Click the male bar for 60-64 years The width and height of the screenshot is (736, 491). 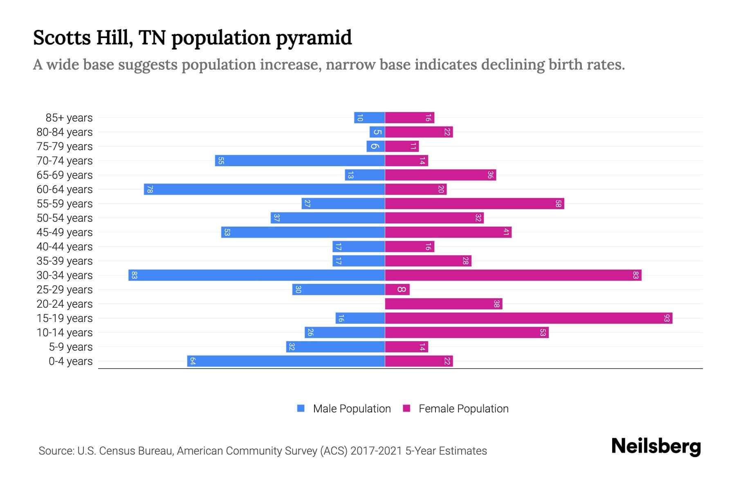point(264,189)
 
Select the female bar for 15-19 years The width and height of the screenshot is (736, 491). point(528,318)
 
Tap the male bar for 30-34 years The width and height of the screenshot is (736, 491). point(256,275)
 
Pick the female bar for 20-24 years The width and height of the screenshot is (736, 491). point(443,304)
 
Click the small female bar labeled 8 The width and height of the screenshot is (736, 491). point(397,290)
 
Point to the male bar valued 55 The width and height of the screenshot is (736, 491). point(300,161)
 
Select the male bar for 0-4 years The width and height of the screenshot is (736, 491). point(286,361)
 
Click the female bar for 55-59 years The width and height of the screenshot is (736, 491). point(474,204)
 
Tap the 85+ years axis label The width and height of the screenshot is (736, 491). point(69,118)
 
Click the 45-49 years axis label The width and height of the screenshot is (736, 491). point(65,232)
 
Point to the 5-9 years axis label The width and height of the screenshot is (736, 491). point(71,347)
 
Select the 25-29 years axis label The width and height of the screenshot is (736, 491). point(65,290)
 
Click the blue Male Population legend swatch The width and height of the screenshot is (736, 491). point(301,408)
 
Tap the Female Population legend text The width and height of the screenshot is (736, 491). point(463,409)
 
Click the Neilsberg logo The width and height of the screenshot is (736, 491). point(656,446)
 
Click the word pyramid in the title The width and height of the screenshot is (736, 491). point(314,38)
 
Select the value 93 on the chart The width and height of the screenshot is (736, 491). point(666,318)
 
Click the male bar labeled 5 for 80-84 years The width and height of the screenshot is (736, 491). point(377,132)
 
